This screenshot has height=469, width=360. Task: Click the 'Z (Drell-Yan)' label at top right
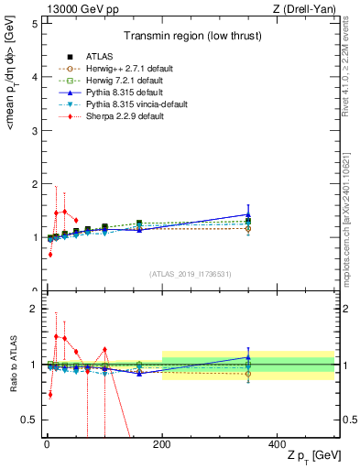[302, 8]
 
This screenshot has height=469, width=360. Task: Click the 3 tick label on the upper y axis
[33, 131]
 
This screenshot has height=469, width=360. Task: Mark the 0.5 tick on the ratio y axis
[28, 420]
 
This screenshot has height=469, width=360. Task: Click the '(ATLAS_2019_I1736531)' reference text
[191, 274]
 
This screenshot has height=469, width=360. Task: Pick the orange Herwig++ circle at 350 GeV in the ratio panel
[248, 374]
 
